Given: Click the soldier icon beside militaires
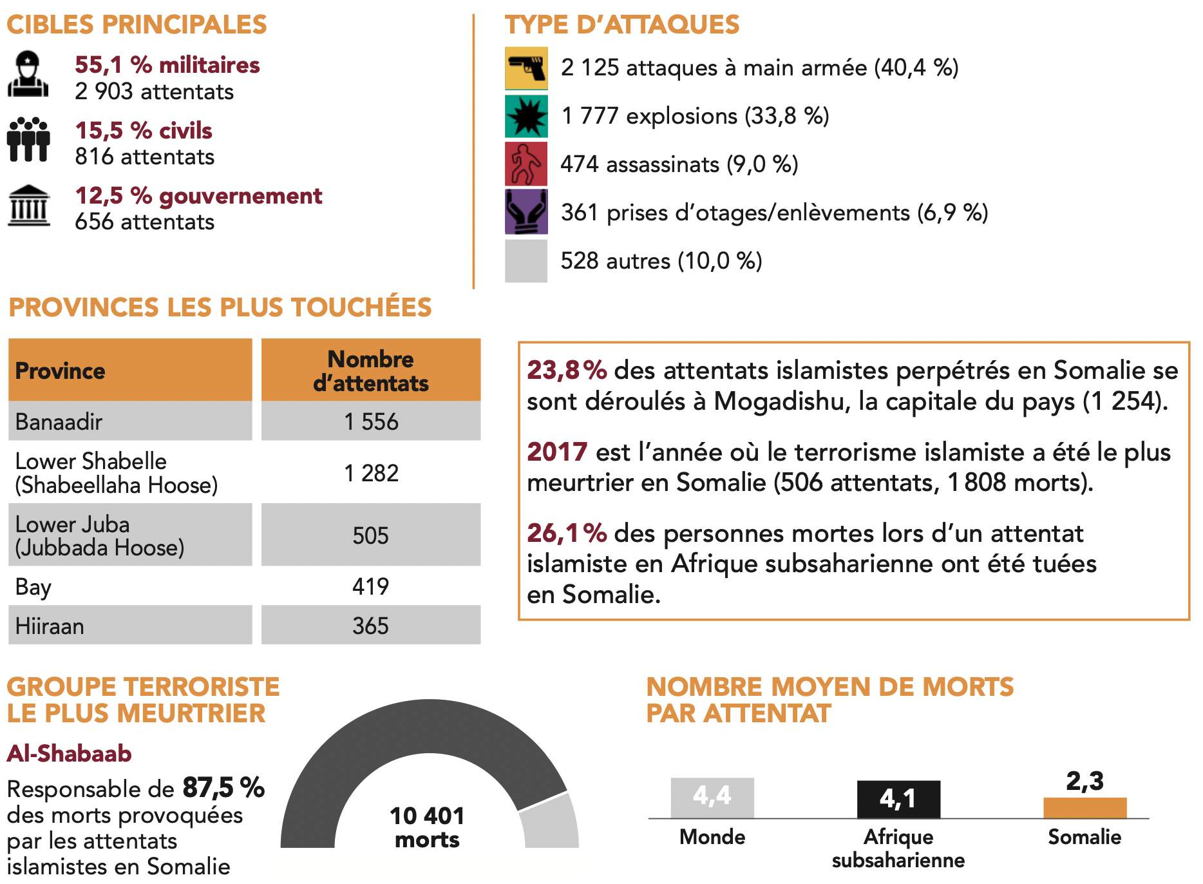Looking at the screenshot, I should click(28, 75).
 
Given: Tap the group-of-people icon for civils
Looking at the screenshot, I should click(28, 139).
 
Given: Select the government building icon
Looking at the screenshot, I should click(28, 206).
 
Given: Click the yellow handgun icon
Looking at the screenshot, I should click(526, 68).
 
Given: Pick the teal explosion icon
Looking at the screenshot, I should click(526, 116).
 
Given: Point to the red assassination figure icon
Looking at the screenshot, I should click(526, 164).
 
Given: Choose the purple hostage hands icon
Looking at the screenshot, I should click(526, 212).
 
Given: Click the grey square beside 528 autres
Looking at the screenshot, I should click(526, 261).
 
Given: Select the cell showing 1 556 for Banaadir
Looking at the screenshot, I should click(371, 421).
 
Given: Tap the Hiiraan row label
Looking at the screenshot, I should click(50, 626).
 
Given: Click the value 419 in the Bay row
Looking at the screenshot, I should click(371, 586).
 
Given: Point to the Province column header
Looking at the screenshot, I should click(61, 371).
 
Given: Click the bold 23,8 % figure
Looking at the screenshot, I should click(567, 370).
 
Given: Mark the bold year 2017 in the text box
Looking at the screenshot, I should click(557, 452).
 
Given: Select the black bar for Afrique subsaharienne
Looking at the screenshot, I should click(898, 799).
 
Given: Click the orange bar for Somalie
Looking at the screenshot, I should click(1085, 807).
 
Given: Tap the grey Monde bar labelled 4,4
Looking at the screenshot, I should click(712, 797).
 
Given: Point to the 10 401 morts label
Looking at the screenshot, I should click(427, 827).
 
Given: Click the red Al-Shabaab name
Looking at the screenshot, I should click(70, 753).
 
